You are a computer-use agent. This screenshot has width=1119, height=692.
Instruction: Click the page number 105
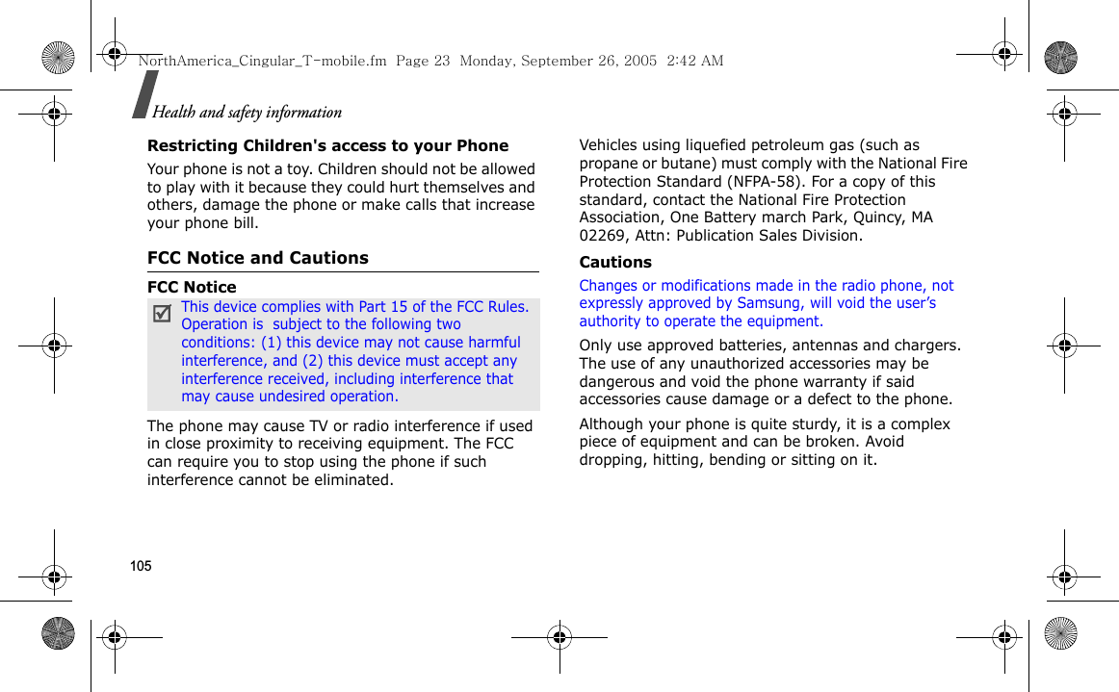tap(141, 566)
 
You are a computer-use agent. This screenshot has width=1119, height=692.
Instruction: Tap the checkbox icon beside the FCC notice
tap(163, 313)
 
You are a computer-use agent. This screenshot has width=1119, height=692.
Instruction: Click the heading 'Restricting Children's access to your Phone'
tap(327, 145)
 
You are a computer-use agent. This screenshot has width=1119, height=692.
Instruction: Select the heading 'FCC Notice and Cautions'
tap(257, 258)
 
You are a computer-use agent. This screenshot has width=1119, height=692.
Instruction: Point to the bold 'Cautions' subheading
tap(614, 262)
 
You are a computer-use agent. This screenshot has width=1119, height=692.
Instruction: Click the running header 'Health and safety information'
tap(247, 112)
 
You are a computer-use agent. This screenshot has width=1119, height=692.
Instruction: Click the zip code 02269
tap(602, 235)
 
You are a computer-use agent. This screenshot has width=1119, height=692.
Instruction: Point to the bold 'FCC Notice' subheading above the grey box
tap(192, 287)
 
